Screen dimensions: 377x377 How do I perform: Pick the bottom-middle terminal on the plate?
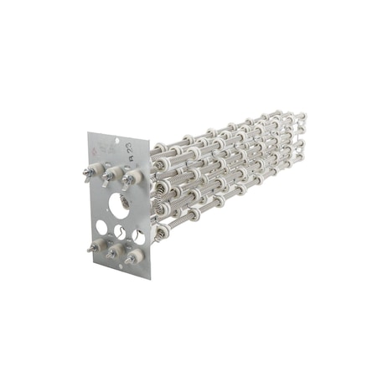(x=112, y=250)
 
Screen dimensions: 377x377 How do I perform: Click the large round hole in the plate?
(x=119, y=206)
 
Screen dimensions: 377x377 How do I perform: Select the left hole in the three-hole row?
(x=101, y=227)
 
